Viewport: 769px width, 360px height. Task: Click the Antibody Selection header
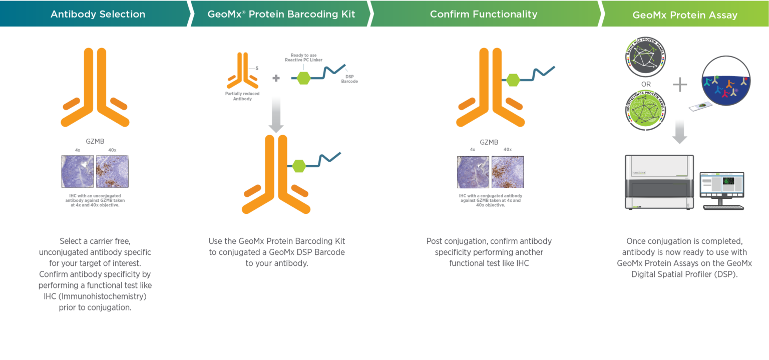click(98, 14)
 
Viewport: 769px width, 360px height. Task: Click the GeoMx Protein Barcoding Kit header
click(281, 14)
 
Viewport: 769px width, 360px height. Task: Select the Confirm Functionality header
click(483, 14)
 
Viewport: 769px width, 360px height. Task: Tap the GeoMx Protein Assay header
click(684, 15)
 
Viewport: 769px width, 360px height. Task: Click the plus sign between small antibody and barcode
click(276, 78)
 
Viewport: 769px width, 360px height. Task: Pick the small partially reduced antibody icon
click(242, 73)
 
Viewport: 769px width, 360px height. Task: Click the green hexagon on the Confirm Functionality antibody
click(513, 80)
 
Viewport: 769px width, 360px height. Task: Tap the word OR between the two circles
click(646, 84)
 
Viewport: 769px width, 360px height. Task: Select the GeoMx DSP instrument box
click(659, 181)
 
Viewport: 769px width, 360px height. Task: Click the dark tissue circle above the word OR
click(645, 57)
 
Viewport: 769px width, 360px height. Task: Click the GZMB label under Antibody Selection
click(95, 141)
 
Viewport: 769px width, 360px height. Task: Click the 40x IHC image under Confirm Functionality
click(508, 171)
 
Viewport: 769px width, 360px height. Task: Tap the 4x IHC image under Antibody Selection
click(77, 171)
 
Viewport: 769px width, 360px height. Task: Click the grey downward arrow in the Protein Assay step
click(679, 132)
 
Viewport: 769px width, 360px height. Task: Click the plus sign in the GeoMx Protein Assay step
click(679, 85)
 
